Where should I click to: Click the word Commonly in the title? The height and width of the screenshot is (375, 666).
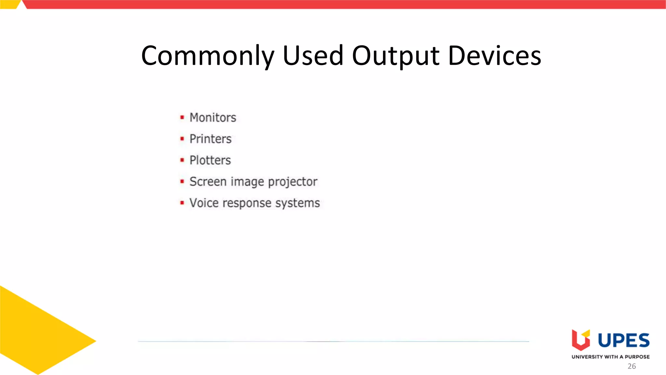208,56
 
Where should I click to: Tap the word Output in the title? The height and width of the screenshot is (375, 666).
396,56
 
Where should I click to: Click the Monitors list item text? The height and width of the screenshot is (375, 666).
213,118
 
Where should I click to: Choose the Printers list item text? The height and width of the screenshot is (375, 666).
210,139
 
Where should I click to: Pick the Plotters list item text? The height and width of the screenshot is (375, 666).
210,160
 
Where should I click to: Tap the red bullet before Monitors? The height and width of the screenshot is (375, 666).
182,117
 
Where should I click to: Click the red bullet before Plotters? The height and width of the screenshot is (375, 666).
182,160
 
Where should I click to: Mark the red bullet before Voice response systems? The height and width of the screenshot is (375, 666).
182,203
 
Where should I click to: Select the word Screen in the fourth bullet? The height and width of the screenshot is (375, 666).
208,182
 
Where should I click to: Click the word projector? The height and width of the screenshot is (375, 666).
292,182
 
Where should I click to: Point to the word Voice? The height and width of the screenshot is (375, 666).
204,203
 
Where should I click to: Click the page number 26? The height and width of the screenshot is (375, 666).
632,366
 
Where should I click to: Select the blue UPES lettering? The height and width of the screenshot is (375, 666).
623,340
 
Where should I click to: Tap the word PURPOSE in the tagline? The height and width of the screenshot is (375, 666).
637,357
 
